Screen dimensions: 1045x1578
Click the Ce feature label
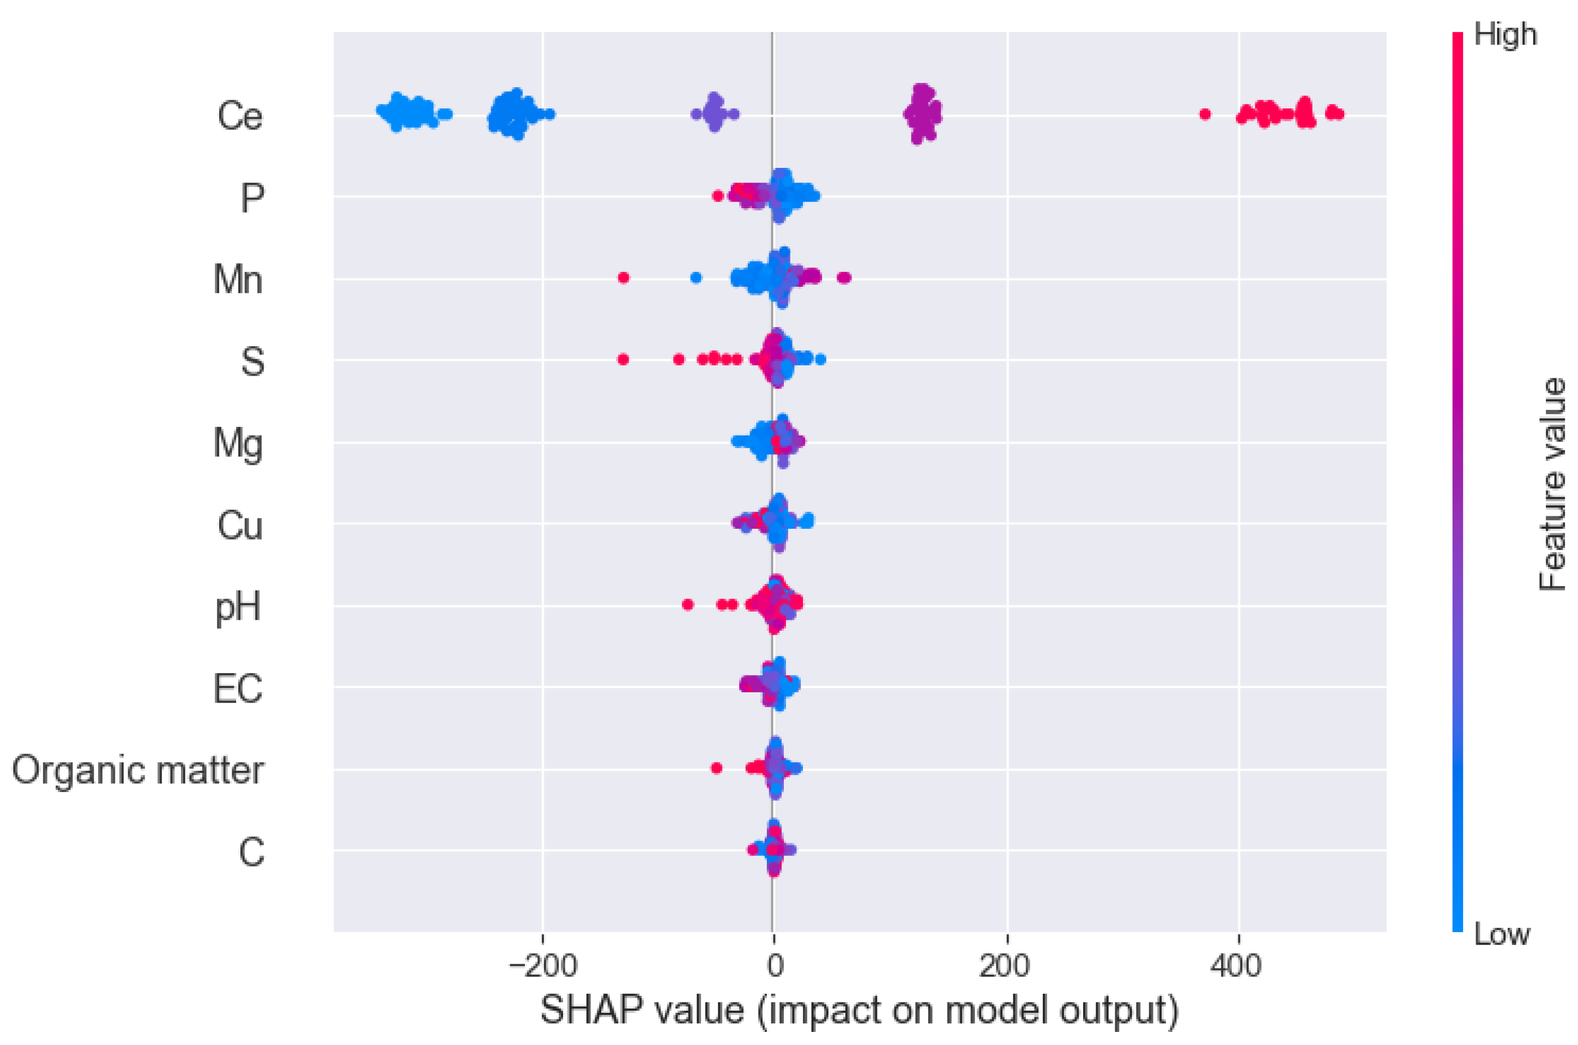(240, 117)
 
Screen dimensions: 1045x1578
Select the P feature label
(252, 198)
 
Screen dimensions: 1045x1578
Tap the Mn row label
(238, 279)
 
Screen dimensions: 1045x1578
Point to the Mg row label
(238, 443)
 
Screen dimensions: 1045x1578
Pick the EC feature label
(238, 688)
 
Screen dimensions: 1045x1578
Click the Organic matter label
(138, 770)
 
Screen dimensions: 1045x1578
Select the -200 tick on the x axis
(541, 966)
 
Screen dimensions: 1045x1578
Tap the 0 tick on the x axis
(773, 966)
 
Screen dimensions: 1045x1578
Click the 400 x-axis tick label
(1237, 966)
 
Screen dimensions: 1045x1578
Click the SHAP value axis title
(859, 1010)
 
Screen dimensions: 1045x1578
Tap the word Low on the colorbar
(1501, 935)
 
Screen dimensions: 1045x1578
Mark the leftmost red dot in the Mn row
(624, 277)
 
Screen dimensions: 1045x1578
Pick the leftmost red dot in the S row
(623, 359)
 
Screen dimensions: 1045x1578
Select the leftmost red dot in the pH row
(688, 605)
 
